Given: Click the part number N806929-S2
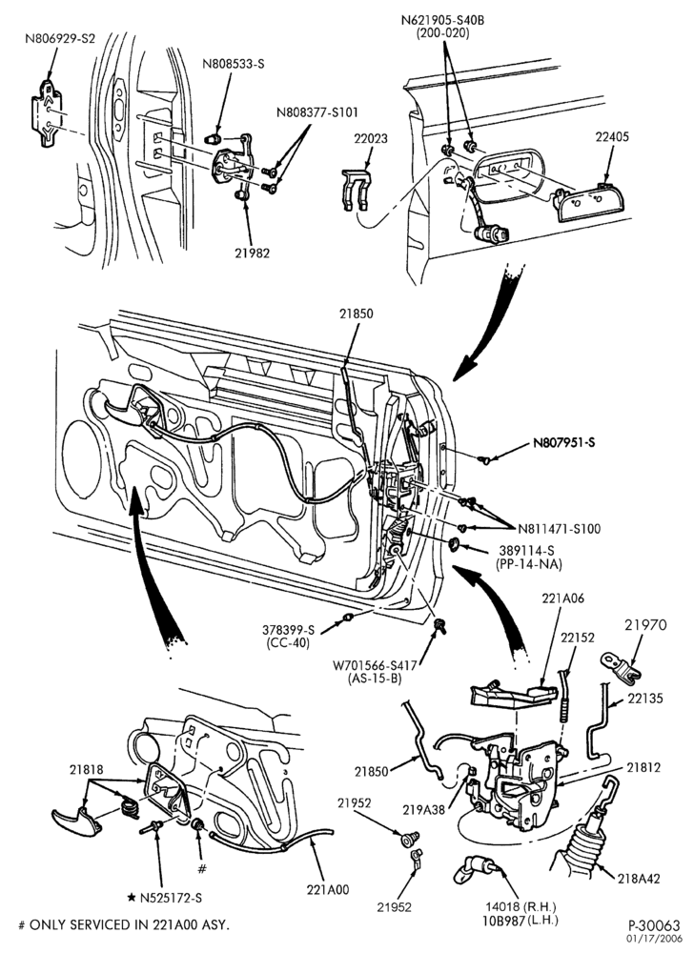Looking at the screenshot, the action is (x=60, y=39).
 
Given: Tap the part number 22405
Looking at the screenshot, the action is (x=611, y=136).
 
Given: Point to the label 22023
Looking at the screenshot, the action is (x=371, y=138).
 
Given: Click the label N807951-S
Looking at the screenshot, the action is (x=564, y=442).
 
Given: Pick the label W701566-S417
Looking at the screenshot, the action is (x=374, y=665).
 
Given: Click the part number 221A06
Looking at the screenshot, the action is (x=562, y=598).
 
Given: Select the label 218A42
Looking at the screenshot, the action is (x=639, y=878).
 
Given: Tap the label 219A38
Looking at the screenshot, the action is (x=423, y=810).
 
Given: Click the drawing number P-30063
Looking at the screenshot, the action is (x=654, y=925).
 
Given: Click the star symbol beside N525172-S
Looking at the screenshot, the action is (x=132, y=897).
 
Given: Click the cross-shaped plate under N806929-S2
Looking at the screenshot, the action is (x=47, y=113).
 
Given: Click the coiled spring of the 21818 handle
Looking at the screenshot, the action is (x=130, y=806).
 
